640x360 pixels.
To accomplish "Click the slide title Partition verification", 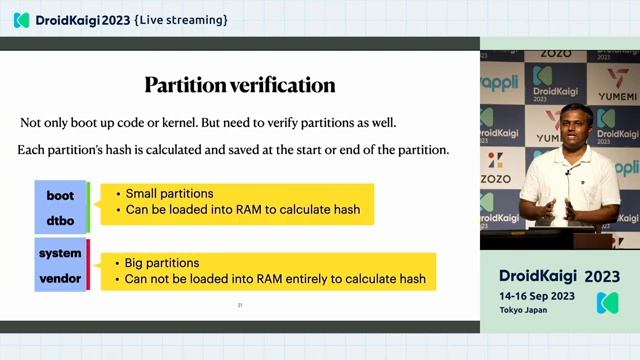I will [x=239, y=84].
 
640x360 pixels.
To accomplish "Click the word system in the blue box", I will [x=60, y=253].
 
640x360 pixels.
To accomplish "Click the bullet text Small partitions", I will [x=169, y=193].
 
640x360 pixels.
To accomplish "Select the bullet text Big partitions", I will [x=162, y=262].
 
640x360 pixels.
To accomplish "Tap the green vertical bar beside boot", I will [x=88, y=207].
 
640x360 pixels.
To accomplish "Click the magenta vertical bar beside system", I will [x=88, y=264].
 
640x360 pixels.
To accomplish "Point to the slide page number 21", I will [x=240, y=304].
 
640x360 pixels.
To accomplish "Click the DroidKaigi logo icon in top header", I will [x=21, y=20].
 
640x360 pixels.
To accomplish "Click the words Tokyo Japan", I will [x=526, y=310].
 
